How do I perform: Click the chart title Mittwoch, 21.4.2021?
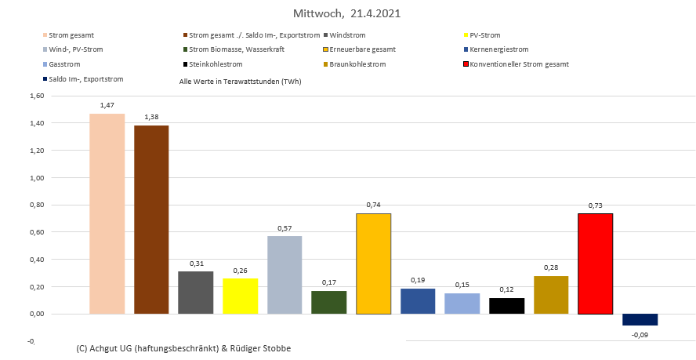pos(348,14)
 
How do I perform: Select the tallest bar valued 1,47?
pos(107,213)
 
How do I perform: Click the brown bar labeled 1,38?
pos(151,220)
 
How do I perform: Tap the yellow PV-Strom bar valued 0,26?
pos(241,296)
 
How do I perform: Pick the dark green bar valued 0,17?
pos(329,302)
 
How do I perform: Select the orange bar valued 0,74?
pos(374,264)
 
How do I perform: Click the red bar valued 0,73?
pos(596,264)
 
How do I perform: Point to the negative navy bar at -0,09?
pos(640,319)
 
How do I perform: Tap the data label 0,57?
pos(285,229)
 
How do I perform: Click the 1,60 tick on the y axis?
pos(36,96)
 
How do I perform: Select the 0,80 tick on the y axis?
pos(36,205)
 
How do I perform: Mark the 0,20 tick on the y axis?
pos(36,287)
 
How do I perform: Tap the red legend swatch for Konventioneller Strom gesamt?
pos(467,64)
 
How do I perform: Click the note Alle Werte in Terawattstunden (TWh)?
pos(241,81)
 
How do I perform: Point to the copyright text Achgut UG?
pos(183,347)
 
